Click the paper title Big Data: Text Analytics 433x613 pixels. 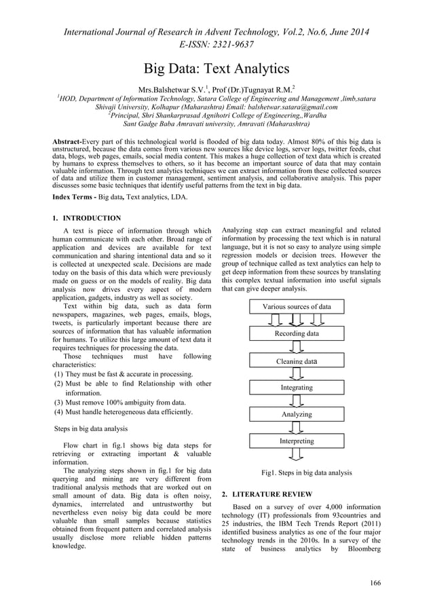coord(216,69)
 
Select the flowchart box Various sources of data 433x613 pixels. coord(297,307)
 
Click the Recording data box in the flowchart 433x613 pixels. coord(297,334)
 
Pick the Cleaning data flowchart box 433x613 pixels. coord(297,361)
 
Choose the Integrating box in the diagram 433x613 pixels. coord(297,388)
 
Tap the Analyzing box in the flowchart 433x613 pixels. coord(297,414)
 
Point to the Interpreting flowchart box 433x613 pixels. coord(297,441)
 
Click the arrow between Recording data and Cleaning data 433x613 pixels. coord(297,348)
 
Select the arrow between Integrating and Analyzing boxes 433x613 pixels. coord(297,401)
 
